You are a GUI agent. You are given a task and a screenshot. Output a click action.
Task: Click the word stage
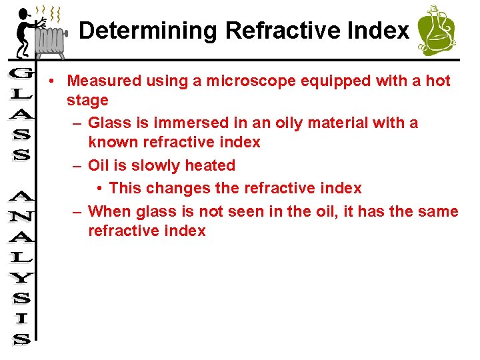tap(87, 101)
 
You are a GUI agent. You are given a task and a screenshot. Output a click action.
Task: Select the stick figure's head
tap(24, 13)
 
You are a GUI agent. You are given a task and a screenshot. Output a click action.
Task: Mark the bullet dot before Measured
tap(51, 81)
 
